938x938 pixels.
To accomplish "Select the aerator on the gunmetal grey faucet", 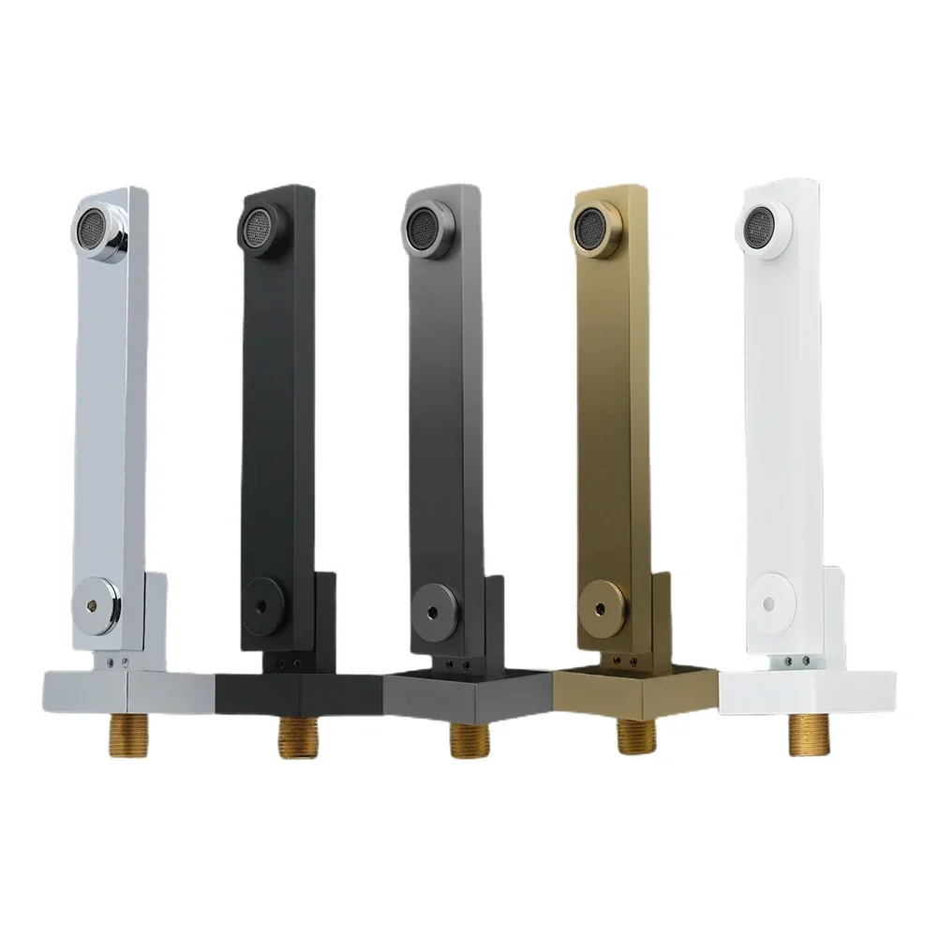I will point(421,225).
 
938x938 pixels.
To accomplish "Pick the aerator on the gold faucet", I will point(590,227).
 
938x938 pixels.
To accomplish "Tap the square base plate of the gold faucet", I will point(637,692).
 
